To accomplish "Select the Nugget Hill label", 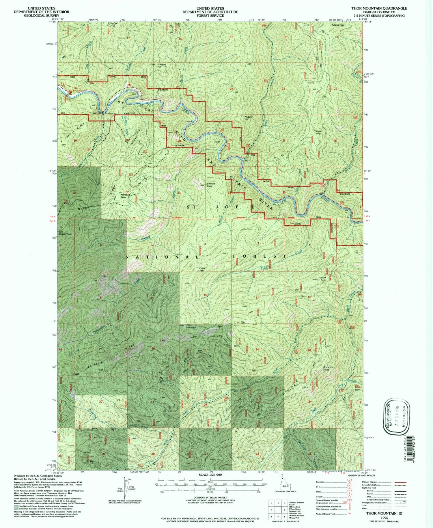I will point(249,118).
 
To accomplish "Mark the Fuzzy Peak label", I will point(202,269).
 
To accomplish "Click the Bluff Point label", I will point(323,279).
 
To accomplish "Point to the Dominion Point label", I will point(328,368).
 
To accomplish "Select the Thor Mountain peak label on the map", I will point(191,326).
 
